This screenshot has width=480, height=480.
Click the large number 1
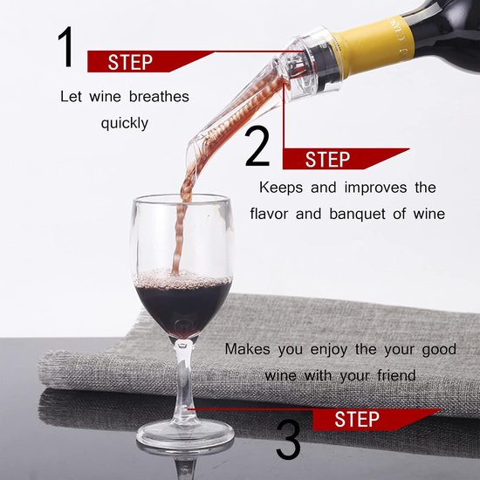click(x=65, y=46)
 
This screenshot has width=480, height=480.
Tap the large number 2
click(x=257, y=147)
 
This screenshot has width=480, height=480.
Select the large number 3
click(x=288, y=440)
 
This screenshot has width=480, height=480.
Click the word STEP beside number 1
click(x=130, y=62)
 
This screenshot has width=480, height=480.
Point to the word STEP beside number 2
click(x=327, y=159)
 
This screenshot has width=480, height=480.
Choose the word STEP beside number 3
click(x=357, y=419)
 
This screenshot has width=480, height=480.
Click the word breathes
click(x=159, y=96)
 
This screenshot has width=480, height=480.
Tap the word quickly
click(x=125, y=124)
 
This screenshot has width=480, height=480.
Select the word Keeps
click(x=281, y=188)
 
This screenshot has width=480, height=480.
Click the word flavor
click(x=269, y=213)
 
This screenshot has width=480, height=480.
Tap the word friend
click(x=396, y=375)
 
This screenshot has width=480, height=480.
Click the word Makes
click(x=247, y=349)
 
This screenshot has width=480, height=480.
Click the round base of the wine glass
click(x=185, y=434)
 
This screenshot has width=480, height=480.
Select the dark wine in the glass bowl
click(x=183, y=309)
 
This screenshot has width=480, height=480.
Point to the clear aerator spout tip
click(x=192, y=154)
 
